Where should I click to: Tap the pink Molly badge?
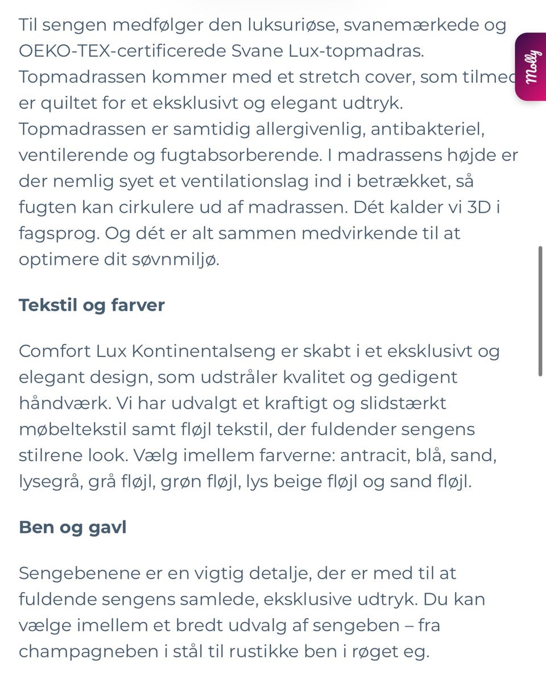pyautogui.click(x=531, y=67)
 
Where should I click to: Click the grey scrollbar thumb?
pyautogui.click(x=540, y=310)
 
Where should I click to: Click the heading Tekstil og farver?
pyautogui.click(x=92, y=305)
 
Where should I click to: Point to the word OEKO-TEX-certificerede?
pyautogui.click(x=122, y=51)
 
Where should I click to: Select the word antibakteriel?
pyautogui.click(x=427, y=129)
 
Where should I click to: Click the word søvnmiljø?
pyautogui.click(x=177, y=260)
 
